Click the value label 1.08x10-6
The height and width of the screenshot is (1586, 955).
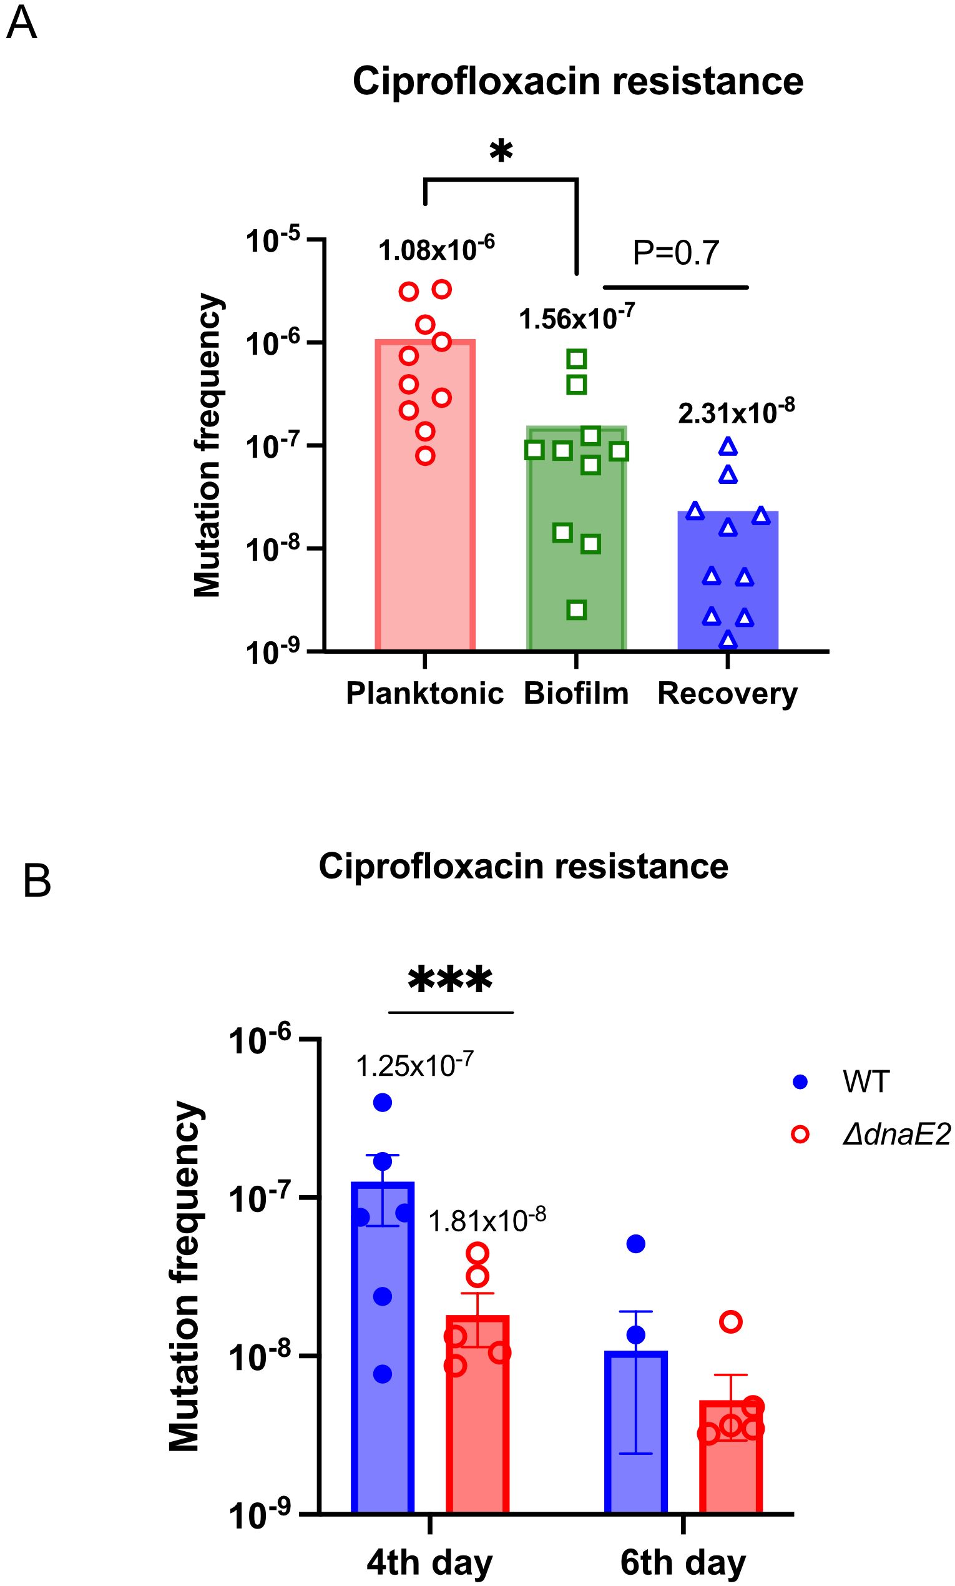pos(436,249)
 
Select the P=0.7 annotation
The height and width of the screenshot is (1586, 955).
pos(676,253)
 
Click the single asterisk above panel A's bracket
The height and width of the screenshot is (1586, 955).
pos(501,153)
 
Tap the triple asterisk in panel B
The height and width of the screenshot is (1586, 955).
pos(450,982)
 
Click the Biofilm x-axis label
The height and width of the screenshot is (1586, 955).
pos(576,694)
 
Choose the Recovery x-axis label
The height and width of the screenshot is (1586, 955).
pos(727,694)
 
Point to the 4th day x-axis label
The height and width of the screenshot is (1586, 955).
pos(429,1562)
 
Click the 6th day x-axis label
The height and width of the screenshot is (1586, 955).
pos(683,1562)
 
